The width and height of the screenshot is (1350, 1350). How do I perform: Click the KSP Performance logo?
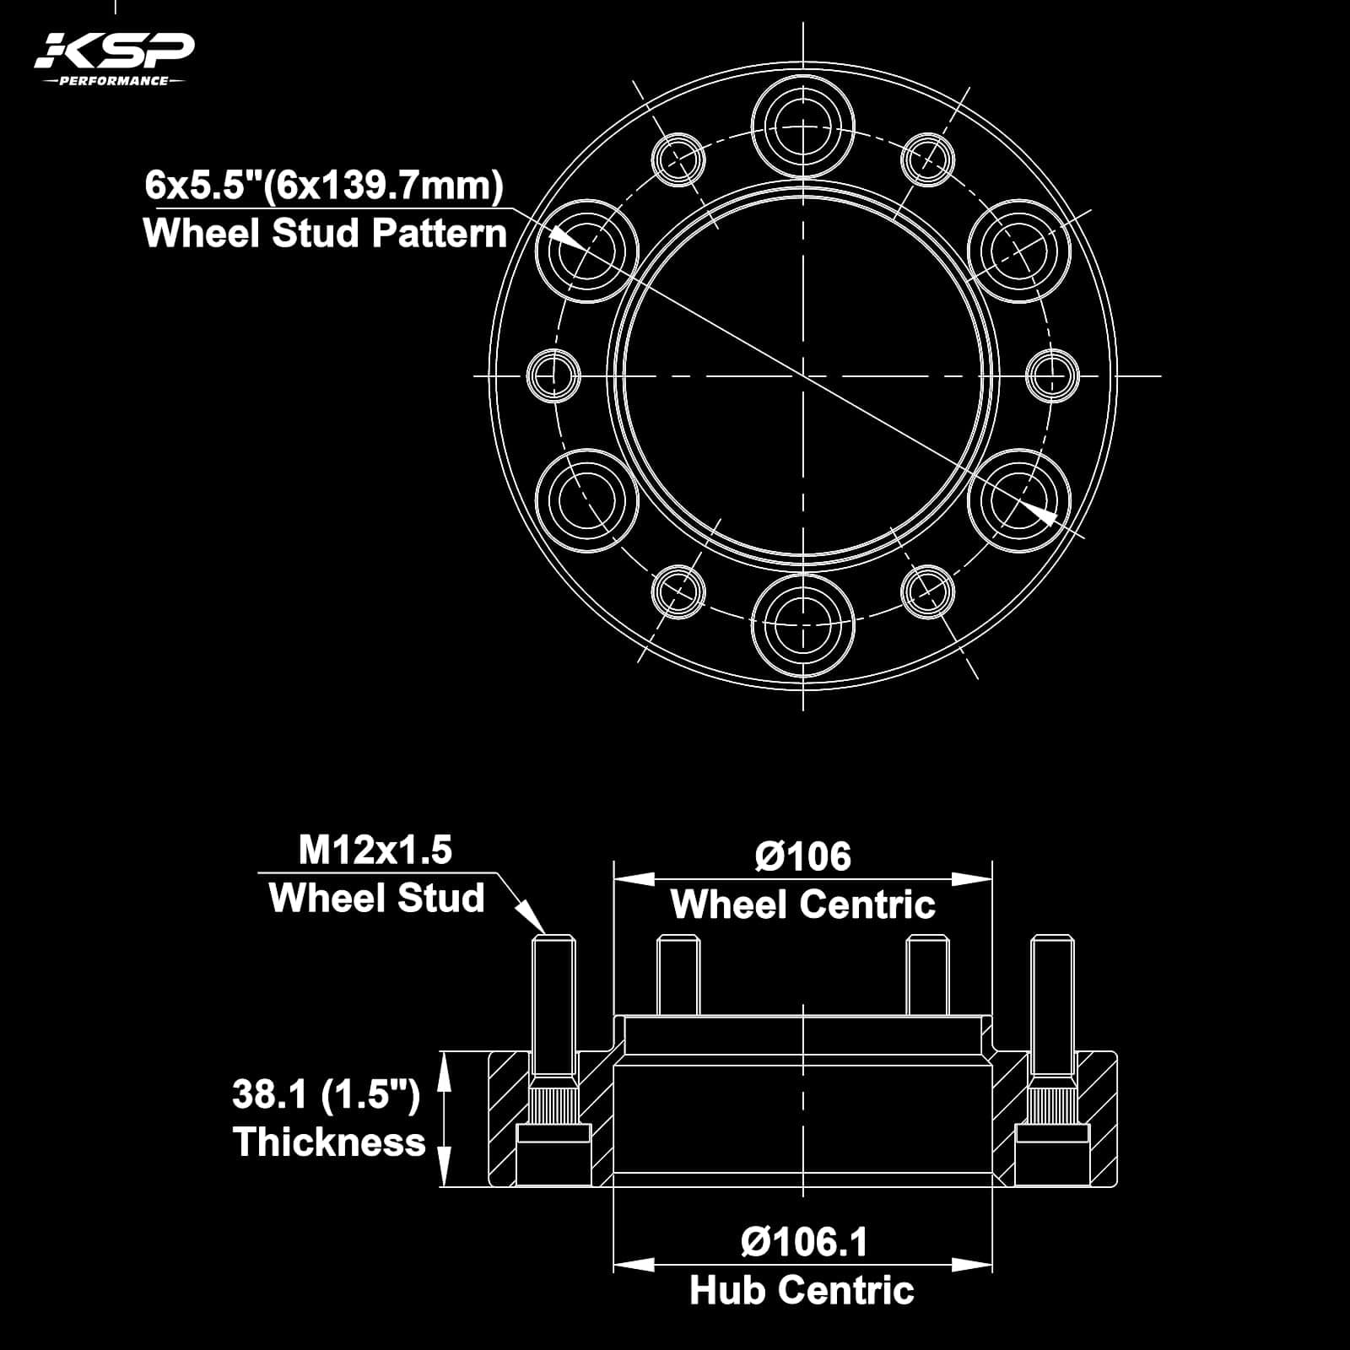coord(113,59)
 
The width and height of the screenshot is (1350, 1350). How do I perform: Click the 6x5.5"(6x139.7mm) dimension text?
coord(324,185)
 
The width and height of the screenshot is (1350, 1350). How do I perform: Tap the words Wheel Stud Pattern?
coord(325,234)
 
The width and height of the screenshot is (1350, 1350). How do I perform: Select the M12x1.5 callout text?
coord(375,850)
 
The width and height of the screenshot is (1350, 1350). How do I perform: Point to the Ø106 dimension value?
coord(802,856)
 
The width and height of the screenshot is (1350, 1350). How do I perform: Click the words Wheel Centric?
coord(802,905)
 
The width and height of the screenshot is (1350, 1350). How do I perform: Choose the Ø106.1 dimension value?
coord(802,1242)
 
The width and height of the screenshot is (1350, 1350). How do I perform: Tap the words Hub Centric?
coord(802,1291)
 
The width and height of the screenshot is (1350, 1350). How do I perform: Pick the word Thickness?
coord(329,1142)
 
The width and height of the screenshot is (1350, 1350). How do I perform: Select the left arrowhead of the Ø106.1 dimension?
coord(633,1265)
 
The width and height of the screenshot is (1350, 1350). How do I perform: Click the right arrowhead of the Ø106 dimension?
coord(973,879)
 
